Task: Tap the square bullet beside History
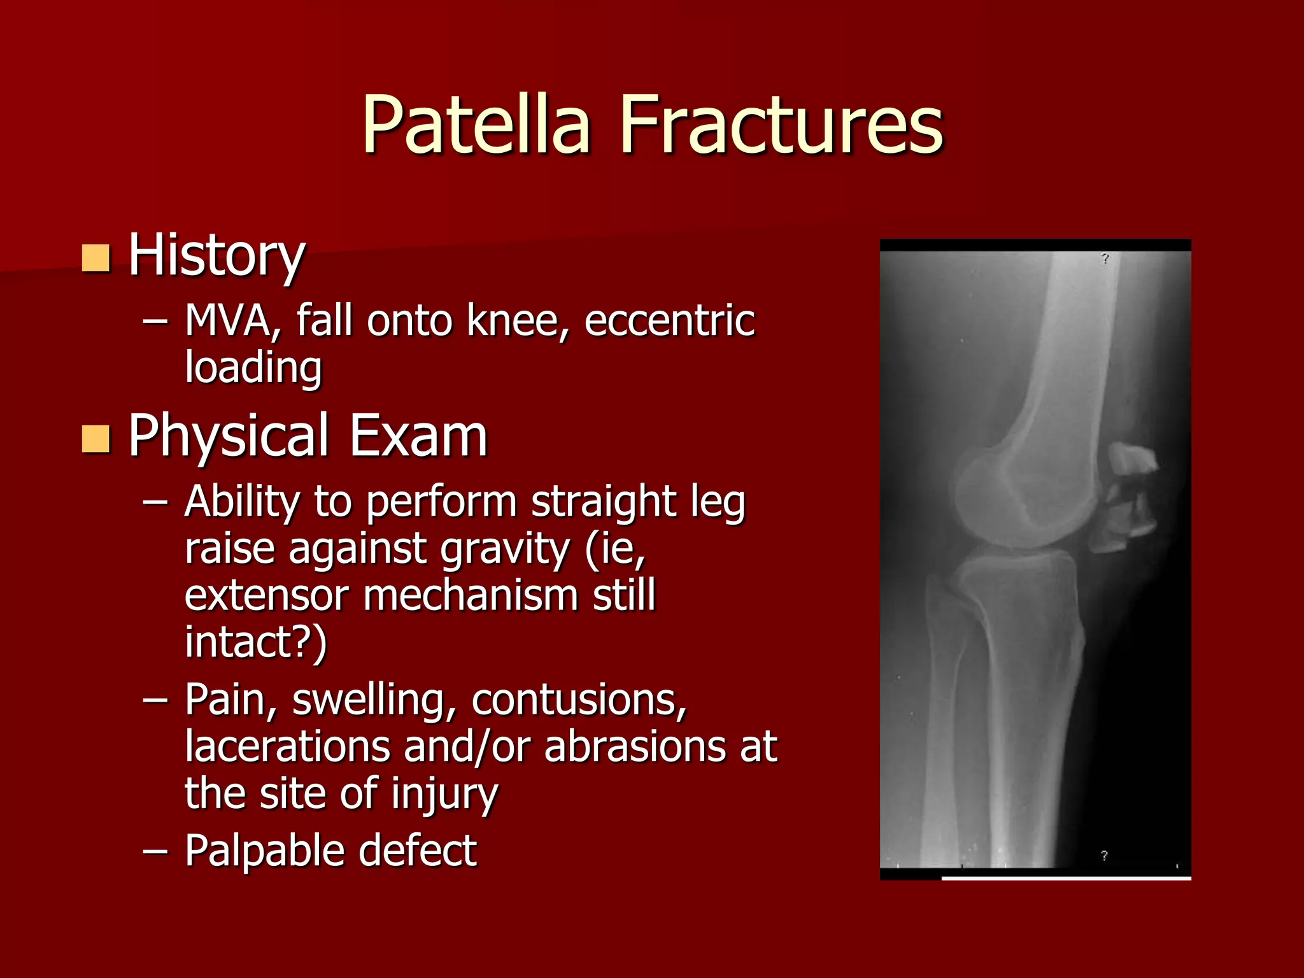click(x=96, y=258)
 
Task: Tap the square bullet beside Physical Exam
click(x=96, y=439)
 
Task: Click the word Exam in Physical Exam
click(x=418, y=436)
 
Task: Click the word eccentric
click(x=669, y=320)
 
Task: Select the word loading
click(x=253, y=368)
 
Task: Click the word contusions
click(x=579, y=700)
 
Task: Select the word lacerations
click(x=287, y=746)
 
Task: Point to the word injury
click(x=444, y=794)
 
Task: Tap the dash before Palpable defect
click(x=155, y=851)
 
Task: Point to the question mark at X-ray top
click(x=1105, y=259)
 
